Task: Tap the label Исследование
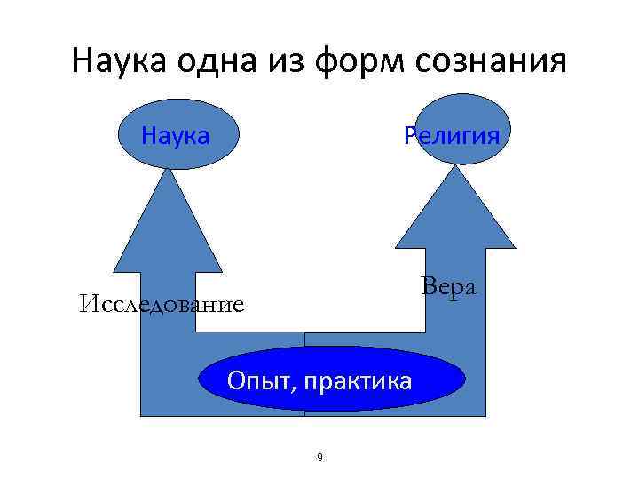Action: click(x=161, y=306)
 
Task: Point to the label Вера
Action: click(x=448, y=287)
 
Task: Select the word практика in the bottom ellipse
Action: click(x=359, y=382)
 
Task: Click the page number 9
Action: click(x=319, y=458)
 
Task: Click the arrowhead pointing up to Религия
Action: click(x=454, y=218)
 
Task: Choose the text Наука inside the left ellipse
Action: click(x=176, y=136)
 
